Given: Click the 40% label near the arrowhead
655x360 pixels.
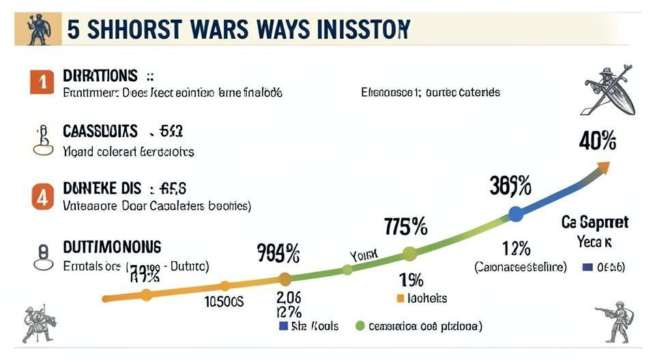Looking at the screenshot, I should click(x=597, y=141).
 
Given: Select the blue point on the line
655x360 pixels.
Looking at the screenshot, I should click(x=516, y=214).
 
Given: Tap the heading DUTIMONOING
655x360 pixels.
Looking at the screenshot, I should click(x=112, y=246).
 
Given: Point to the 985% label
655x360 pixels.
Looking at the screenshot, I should click(x=278, y=254).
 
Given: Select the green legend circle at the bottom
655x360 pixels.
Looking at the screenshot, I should click(x=360, y=326).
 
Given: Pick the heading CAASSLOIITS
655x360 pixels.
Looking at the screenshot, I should click(x=100, y=131).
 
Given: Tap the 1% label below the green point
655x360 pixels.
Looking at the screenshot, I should click(x=411, y=280).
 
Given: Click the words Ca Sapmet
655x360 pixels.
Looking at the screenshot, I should click(x=594, y=222).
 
